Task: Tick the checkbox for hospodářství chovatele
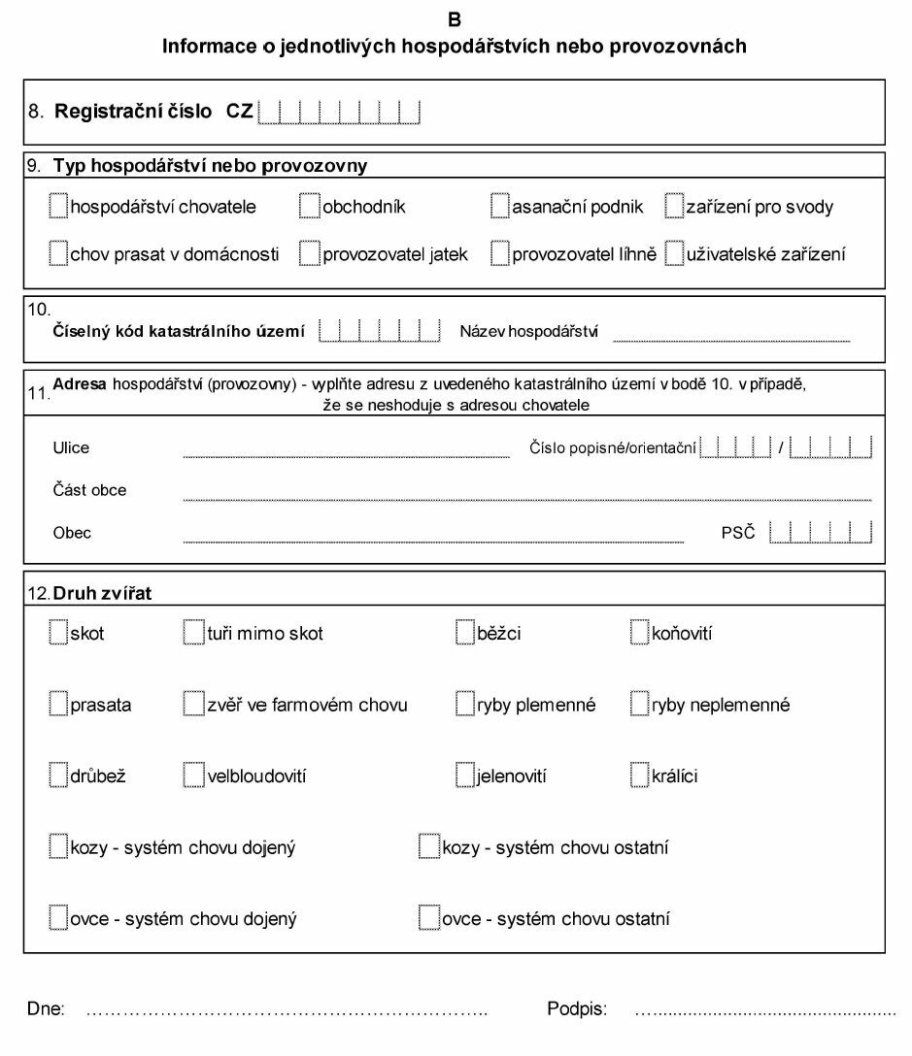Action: tap(58, 206)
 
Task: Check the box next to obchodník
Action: tap(309, 206)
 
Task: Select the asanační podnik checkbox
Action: tap(499, 206)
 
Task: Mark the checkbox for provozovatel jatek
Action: tap(309, 254)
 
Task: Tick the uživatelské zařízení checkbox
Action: tap(675, 254)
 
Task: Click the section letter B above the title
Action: tap(456, 18)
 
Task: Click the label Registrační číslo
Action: tap(133, 111)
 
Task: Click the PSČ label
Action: tap(737, 532)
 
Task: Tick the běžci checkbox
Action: tap(464, 633)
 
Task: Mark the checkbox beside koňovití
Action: tap(639, 633)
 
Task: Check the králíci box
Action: tap(639, 775)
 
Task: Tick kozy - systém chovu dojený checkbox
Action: tap(58, 846)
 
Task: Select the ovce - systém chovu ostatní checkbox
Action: tap(428, 917)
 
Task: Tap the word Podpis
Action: tap(577, 1010)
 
